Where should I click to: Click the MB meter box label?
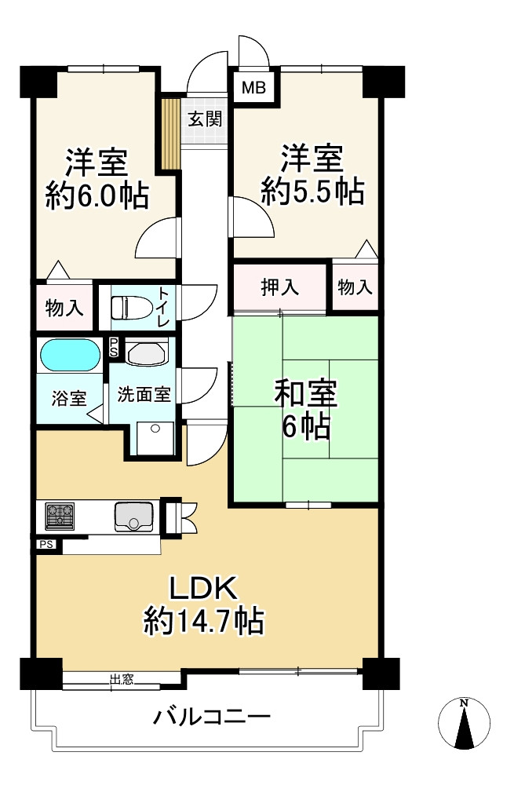[x=253, y=88]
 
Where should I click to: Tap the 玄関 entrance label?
[x=204, y=119]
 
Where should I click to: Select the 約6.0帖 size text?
[x=97, y=195]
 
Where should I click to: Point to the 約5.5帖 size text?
[x=312, y=191]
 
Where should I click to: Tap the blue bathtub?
[x=70, y=355]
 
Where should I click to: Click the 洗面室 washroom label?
[x=144, y=394]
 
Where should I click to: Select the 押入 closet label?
[x=279, y=287]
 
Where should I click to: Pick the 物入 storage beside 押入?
[x=355, y=287]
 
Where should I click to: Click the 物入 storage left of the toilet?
[x=64, y=308]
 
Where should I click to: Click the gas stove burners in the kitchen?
[x=60, y=516]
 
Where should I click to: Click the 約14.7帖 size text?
[x=203, y=622]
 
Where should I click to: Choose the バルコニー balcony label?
[x=212, y=717]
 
